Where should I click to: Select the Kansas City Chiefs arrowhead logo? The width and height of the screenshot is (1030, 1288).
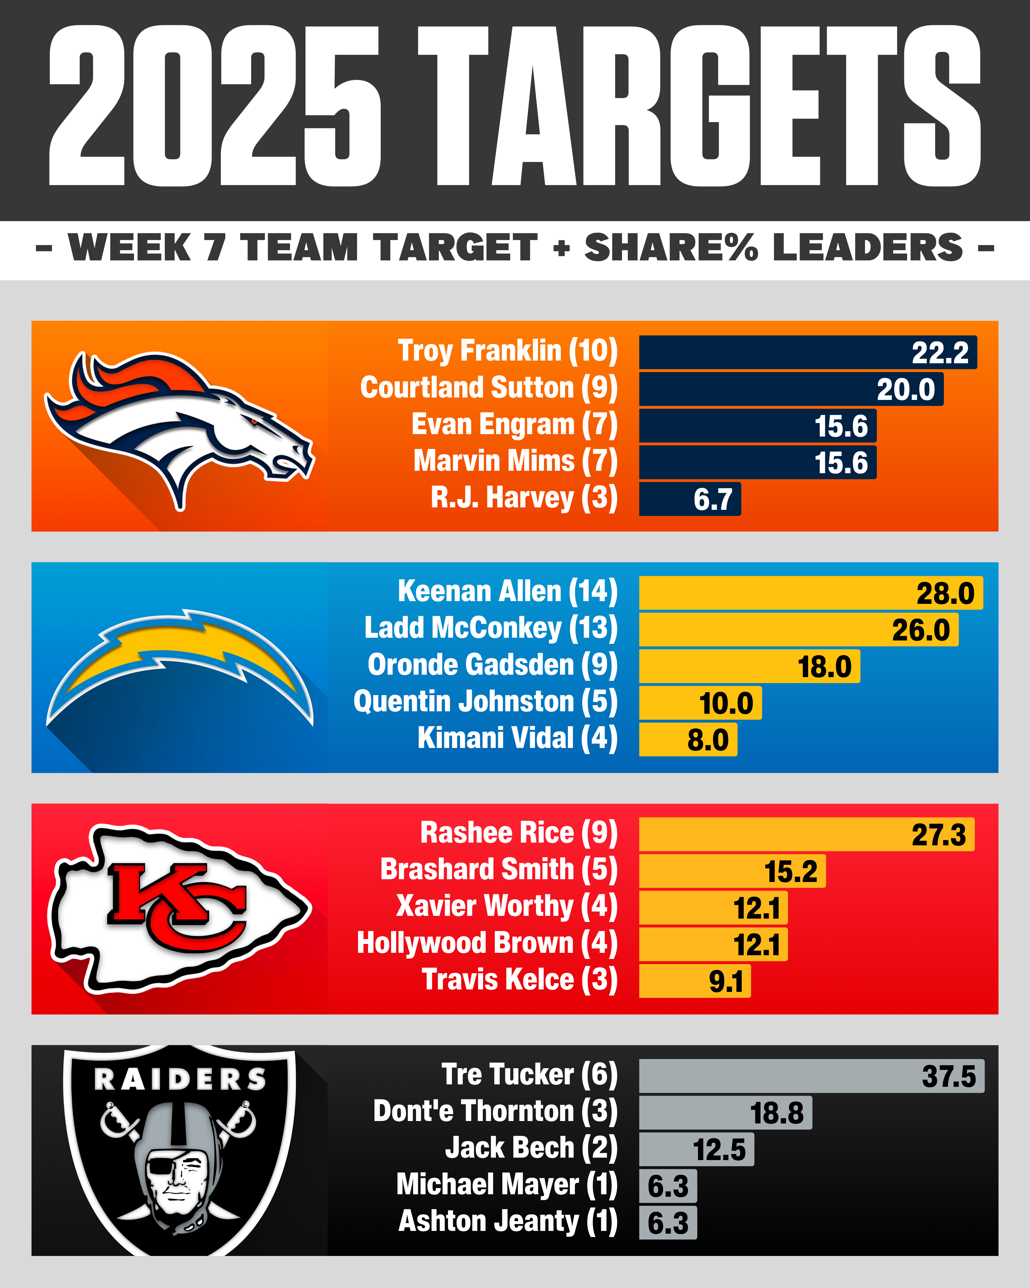pyautogui.click(x=179, y=908)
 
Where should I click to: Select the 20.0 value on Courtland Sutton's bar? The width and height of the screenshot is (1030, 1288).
pyautogui.click(x=905, y=390)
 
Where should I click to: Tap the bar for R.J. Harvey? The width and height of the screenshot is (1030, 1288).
pyautogui.click(x=690, y=499)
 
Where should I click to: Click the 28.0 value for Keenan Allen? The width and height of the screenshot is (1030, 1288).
pyautogui.click(x=945, y=593)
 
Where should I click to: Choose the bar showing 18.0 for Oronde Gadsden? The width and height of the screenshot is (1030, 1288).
pyautogui.click(x=749, y=666)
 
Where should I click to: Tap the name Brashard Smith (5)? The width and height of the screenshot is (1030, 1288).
pyautogui.click(x=499, y=870)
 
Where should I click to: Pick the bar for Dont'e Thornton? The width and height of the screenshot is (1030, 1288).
pyautogui.click(x=725, y=1112)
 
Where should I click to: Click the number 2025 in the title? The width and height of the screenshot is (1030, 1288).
pyautogui.click(x=215, y=106)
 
